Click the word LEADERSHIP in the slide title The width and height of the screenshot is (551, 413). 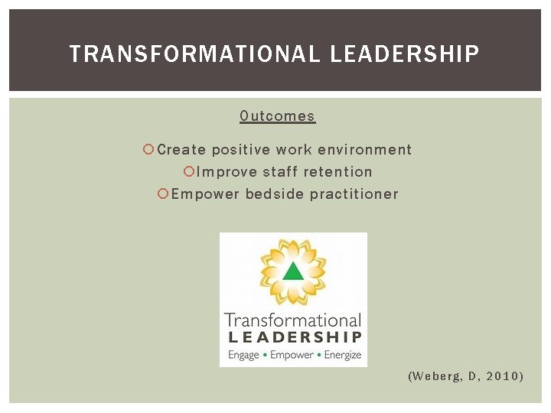tap(405, 54)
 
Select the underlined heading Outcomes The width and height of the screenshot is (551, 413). tap(277, 116)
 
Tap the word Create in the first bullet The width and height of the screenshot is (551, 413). tap(181, 150)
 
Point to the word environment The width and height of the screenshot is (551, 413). tap(365, 150)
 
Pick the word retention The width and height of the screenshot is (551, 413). tap(337, 172)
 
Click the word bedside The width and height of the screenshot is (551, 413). tap(275, 194)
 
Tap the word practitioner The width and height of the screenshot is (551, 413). tap(354, 194)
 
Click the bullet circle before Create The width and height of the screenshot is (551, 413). tap(149, 150)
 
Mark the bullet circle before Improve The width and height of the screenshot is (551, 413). tap(190, 172)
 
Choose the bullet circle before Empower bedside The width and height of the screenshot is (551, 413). tap(163, 194)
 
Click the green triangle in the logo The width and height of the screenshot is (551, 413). tap(293, 272)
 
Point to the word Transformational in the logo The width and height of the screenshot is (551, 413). tap(292, 320)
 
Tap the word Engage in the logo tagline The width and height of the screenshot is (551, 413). tap(243, 355)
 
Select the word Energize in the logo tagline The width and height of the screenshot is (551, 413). tap(342, 355)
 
